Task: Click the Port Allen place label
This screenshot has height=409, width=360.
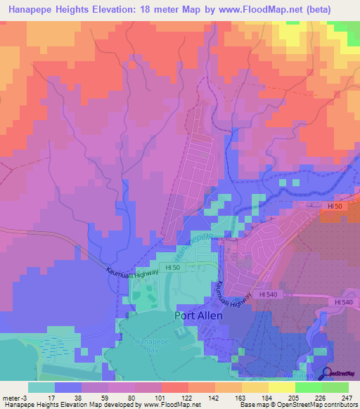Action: pos(198,316)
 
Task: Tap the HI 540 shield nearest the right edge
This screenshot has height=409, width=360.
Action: pos(345,301)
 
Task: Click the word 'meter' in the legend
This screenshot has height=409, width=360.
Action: pos(11,398)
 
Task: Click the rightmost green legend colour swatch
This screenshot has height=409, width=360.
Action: pos(335,387)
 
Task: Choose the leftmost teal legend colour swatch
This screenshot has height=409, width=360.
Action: pos(41,387)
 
